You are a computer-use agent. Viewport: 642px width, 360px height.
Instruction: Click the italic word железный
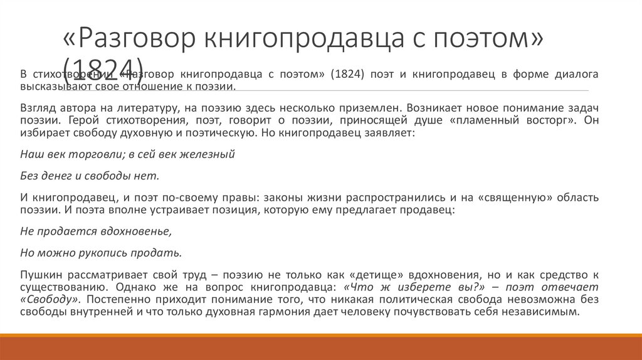click(x=211, y=154)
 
